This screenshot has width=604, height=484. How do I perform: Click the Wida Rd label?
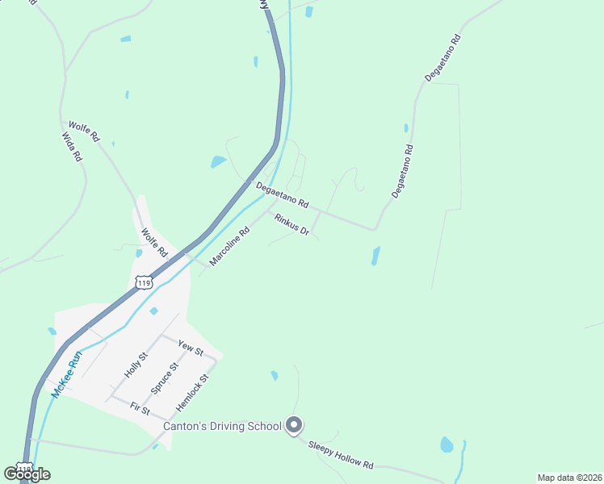tap(73, 148)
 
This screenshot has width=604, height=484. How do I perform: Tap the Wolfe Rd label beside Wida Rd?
tap(84, 131)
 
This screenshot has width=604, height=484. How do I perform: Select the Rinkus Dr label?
tap(292, 224)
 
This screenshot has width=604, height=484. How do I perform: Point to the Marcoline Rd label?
tap(229, 246)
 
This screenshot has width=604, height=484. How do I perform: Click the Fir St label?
tap(140, 410)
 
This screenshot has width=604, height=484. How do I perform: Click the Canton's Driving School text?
tap(222, 426)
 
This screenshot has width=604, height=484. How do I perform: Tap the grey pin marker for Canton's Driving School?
tap(294, 425)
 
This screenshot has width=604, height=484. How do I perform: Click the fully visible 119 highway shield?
tap(144, 282)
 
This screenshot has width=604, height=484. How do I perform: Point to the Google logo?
tap(27, 474)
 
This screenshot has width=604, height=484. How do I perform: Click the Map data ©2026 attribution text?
tap(568, 478)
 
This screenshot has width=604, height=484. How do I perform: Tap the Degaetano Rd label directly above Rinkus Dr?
tap(283, 194)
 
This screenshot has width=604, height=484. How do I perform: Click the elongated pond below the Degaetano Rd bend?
tap(375, 256)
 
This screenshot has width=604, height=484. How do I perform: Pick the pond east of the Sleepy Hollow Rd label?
tap(447, 444)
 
